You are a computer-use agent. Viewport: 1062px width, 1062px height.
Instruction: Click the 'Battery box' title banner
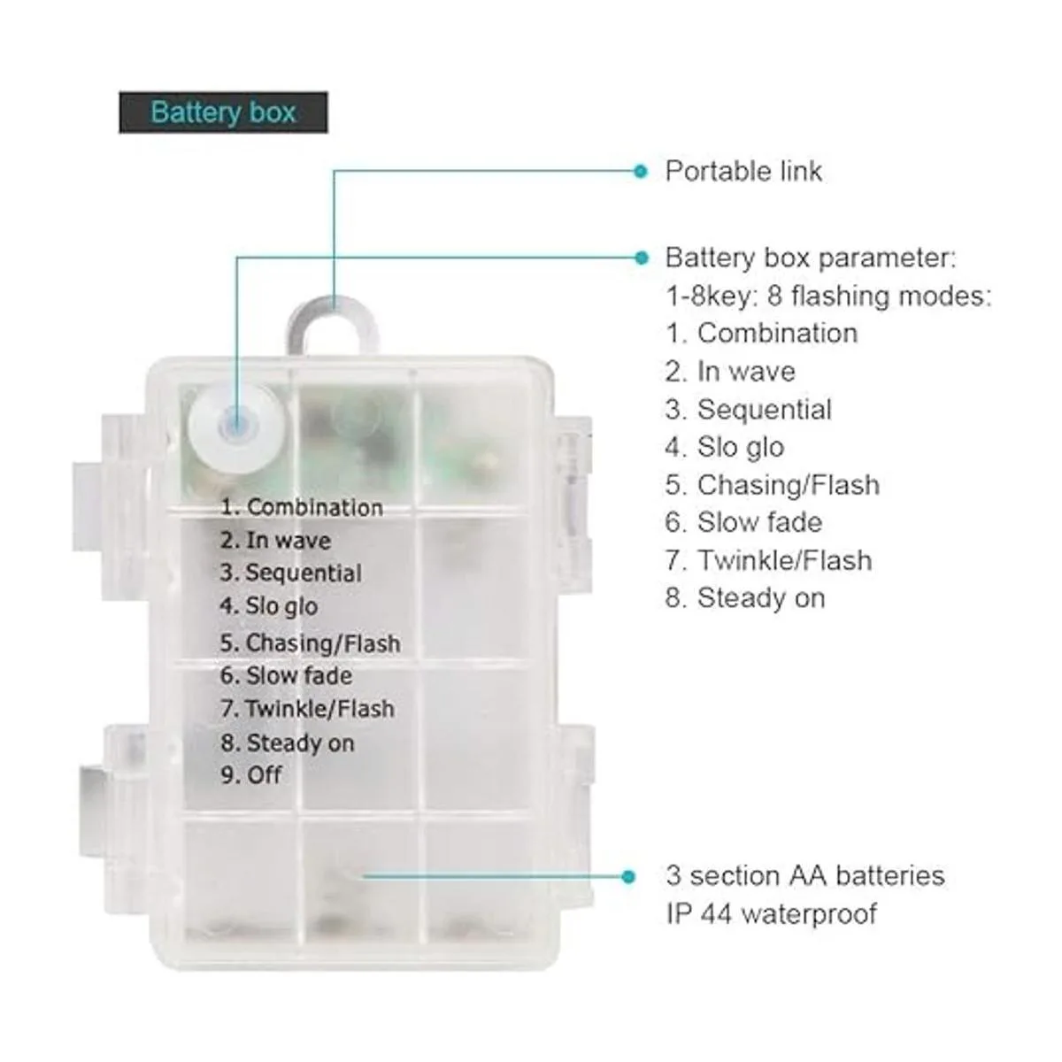coord(223,112)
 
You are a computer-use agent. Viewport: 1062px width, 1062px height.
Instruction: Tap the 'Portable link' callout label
coord(743,172)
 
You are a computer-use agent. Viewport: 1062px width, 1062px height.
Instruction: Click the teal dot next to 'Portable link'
coord(640,172)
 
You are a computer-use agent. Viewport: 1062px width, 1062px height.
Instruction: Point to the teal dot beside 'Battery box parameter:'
coord(641,258)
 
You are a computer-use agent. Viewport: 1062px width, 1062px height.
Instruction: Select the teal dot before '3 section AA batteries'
coord(627,877)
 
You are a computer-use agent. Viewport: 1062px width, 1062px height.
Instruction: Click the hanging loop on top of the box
coord(332,325)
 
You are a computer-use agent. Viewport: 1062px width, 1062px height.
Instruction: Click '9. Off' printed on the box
coord(251,775)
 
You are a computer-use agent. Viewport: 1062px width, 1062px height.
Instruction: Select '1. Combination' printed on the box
coord(302,508)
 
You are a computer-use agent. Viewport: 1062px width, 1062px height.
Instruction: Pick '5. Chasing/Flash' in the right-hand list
coord(772,485)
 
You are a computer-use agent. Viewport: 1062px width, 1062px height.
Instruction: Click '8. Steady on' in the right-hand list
coord(745,598)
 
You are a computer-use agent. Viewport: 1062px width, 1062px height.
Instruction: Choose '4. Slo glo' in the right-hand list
coord(725,447)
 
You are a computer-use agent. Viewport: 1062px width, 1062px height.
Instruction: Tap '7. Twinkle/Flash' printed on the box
coord(307,709)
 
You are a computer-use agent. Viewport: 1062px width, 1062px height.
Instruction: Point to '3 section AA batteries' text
coord(805,876)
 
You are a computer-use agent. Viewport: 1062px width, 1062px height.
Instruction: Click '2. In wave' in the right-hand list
coord(730,372)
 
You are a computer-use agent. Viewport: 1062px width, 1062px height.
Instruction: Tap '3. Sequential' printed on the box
coord(291,573)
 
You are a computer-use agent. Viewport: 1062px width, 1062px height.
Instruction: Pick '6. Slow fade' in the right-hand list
coord(743,522)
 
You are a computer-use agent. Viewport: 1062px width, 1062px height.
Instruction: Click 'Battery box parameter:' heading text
coord(811,258)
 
